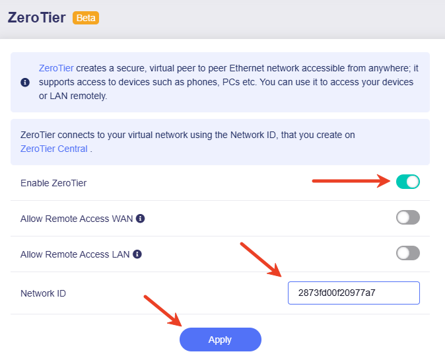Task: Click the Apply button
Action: tap(220, 340)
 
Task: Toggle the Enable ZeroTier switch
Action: tap(407, 182)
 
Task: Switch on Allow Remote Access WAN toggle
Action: tap(407, 217)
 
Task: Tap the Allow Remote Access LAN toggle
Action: tap(407, 253)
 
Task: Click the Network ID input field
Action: tap(353, 293)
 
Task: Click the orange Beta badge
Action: tap(86, 18)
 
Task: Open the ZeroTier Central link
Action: tap(54, 149)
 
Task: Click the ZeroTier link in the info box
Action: tap(56, 68)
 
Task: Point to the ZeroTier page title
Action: tap(37, 18)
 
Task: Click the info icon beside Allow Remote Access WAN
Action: tap(141, 218)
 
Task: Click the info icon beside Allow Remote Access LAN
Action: tap(137, 254)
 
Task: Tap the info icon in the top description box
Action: tap(25, 83)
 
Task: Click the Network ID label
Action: tap(44, 293)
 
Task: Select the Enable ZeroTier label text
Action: tap(53, 182)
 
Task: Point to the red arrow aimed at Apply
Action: tap(163, 310)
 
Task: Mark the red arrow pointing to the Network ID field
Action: tap(261, 260)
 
